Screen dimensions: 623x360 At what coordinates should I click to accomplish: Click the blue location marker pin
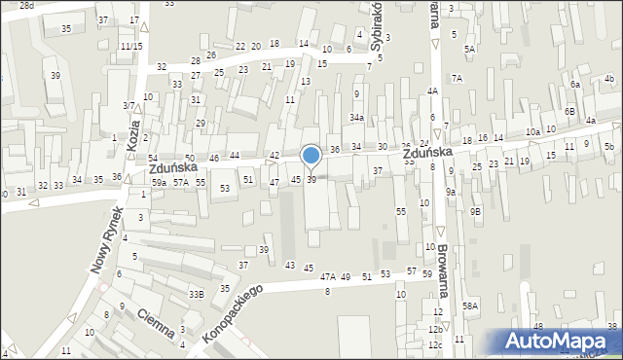pos(311,156)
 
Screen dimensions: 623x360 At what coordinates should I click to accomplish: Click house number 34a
pos(357,118)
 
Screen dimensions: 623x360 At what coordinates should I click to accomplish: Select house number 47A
pos(328,277)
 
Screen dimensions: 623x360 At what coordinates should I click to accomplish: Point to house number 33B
pos(197,294)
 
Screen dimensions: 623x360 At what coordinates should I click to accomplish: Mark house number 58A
pos(470,306)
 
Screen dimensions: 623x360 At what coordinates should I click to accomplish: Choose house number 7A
pos(456,77)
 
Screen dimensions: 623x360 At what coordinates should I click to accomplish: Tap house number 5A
pos(469,49)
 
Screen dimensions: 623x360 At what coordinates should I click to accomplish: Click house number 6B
pos(569,112)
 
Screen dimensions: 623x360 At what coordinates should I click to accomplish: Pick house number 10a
pos(532,132)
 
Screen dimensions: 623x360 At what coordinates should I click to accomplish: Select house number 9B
pos(475,211)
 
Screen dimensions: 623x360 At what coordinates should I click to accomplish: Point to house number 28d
pos(26,6)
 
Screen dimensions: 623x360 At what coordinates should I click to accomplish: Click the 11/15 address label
pos(131,46)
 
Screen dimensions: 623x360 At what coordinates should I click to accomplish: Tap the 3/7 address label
pos(128,105)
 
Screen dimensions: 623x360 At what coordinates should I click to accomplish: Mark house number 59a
pos(159,182)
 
